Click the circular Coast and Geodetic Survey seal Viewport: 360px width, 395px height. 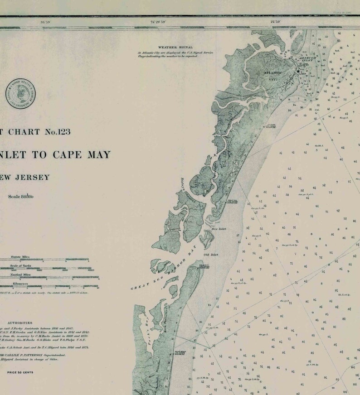click(21, 93)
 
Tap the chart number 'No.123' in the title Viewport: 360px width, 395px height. click(57, 132)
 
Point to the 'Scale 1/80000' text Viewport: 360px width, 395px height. click(20, 196)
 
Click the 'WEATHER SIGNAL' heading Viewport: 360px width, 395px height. click(175, 47)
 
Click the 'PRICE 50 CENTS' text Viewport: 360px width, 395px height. click(20, 372)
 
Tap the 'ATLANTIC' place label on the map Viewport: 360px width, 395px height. click(272, 73)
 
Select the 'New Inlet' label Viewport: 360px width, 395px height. click(219, 229)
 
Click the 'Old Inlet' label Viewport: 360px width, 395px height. click(211, 255)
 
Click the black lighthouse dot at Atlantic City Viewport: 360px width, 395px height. click(298, 71)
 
